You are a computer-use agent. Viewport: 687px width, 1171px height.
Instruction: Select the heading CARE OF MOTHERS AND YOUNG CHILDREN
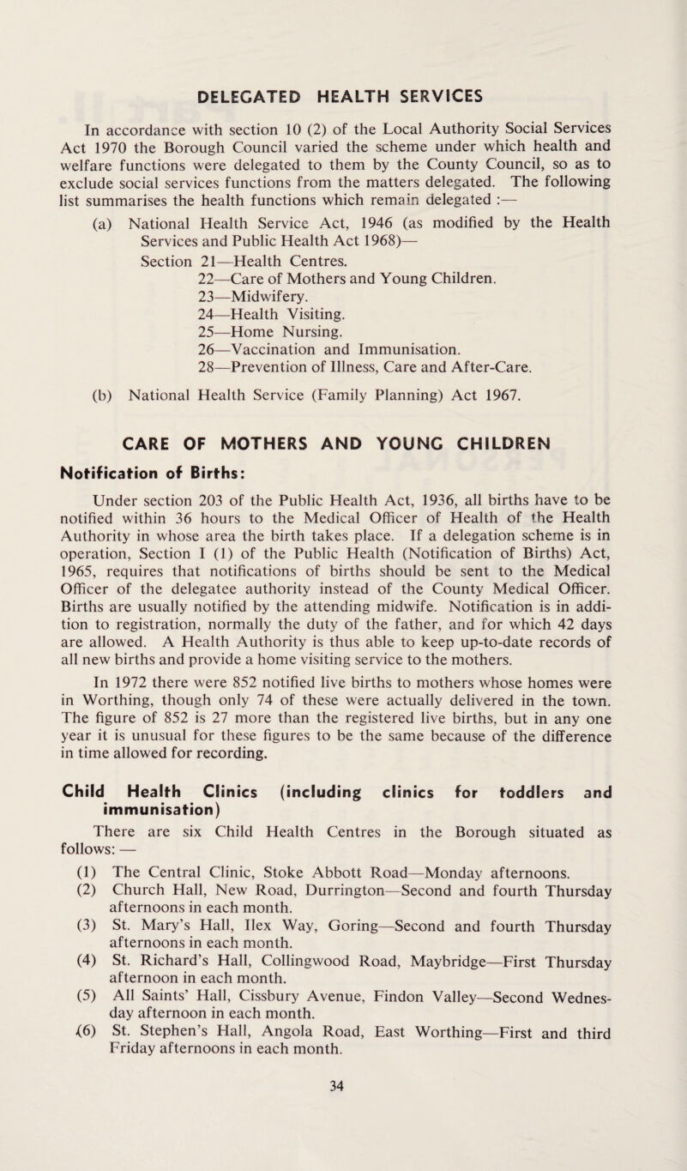(x=343, y=445)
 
